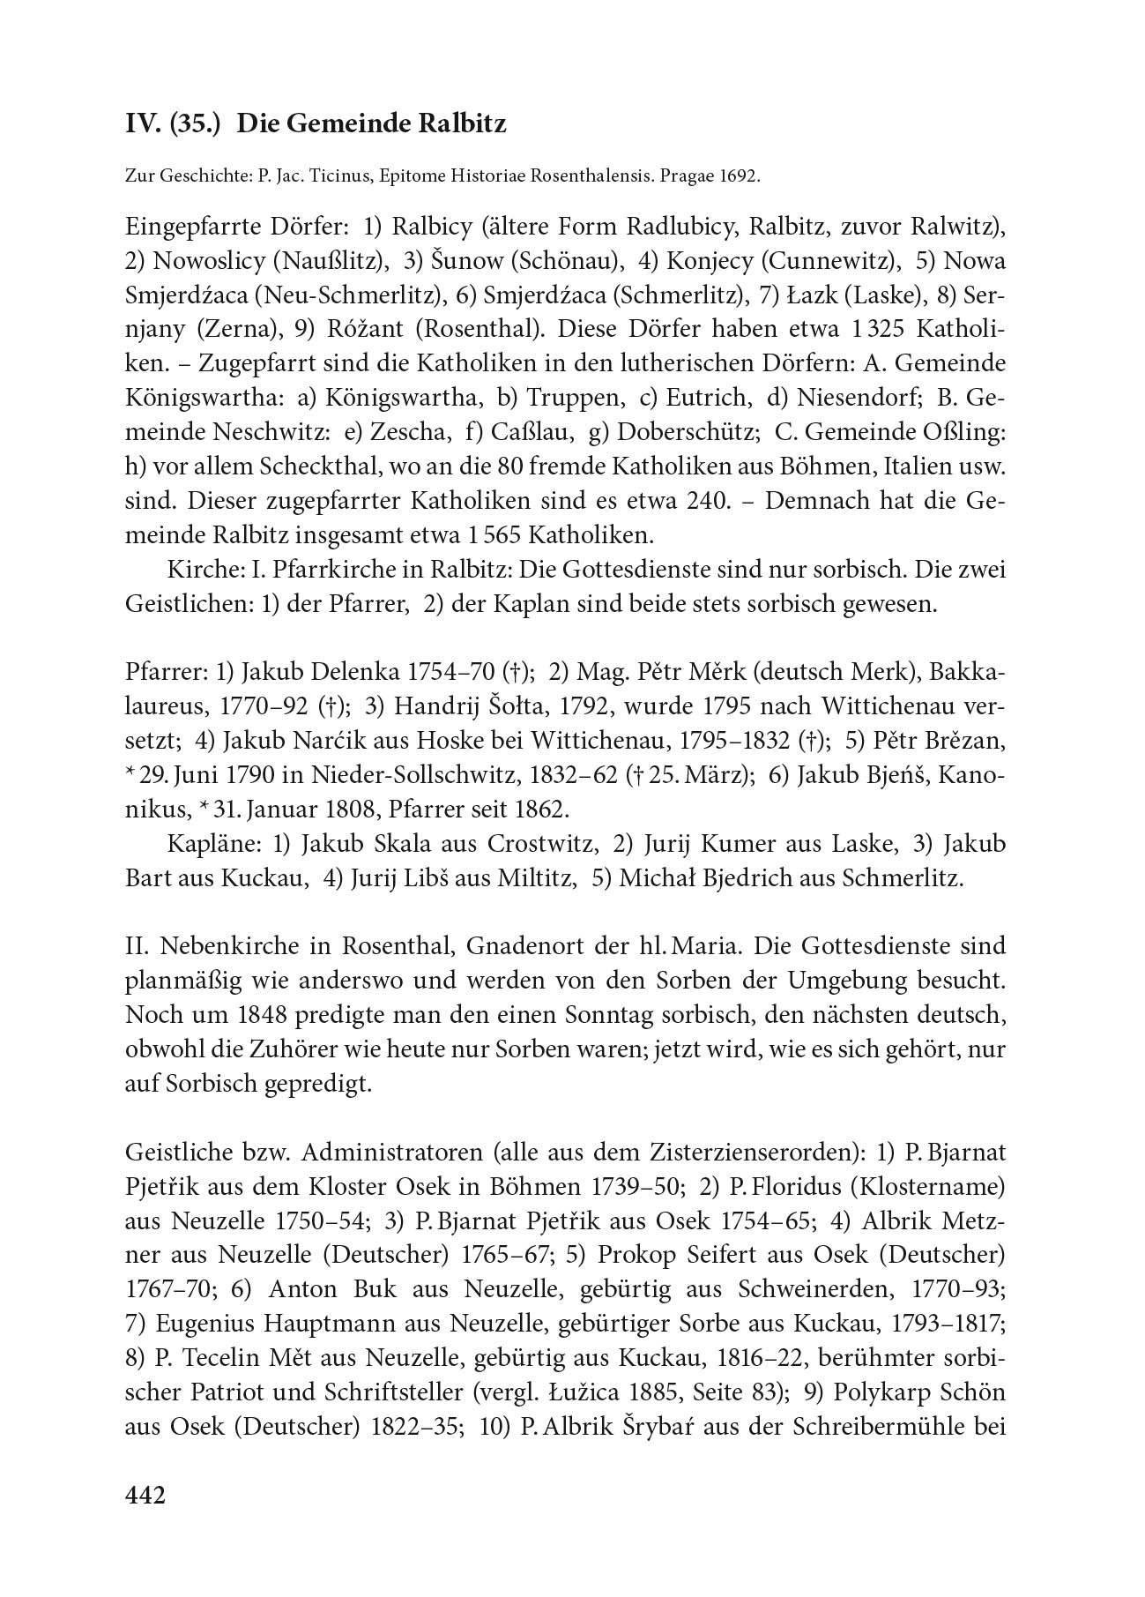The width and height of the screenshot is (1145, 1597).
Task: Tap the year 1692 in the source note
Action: click(x=736, y=176)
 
